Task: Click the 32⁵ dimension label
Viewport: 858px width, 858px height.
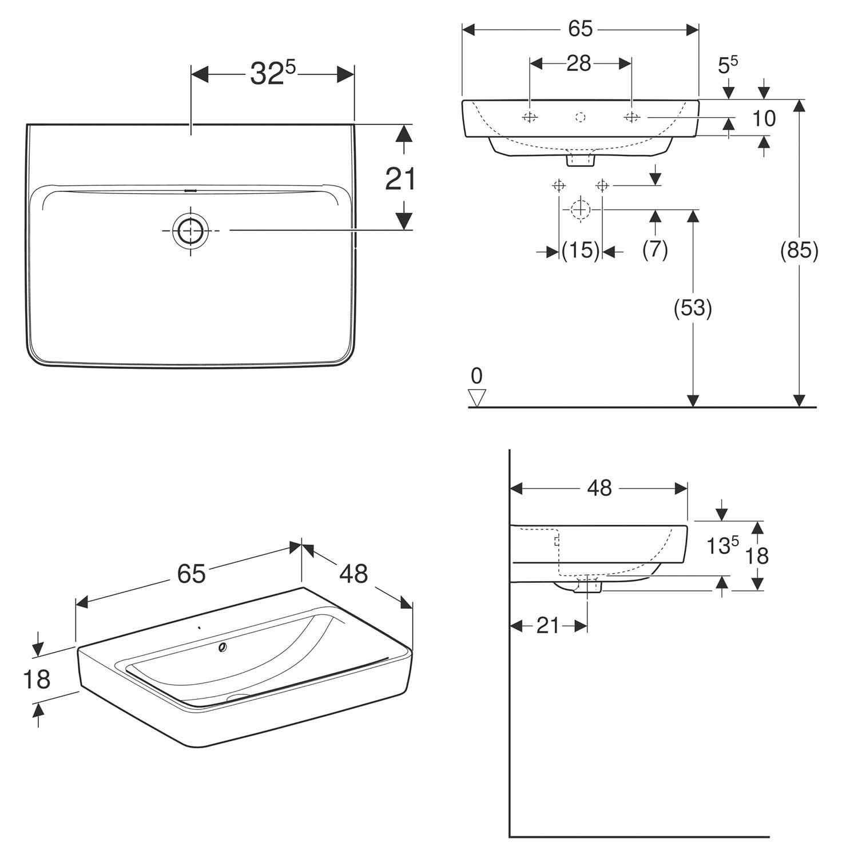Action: (273, 73)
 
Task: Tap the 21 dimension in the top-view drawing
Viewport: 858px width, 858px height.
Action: (400, 179)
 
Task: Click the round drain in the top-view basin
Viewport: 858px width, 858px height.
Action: (190, 231)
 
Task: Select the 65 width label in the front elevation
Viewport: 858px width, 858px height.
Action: (580, 29)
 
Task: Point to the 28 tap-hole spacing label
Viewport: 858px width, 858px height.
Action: (578, 63)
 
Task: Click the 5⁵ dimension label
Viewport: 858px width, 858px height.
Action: (728, 65)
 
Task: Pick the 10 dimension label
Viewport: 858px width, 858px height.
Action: (764, 118)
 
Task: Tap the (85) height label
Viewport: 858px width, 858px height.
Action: (799, 250)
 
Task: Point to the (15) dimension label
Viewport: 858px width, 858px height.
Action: (581, 250)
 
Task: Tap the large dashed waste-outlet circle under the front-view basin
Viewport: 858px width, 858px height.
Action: (581, 209)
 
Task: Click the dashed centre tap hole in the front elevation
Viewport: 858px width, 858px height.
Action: (581, 117)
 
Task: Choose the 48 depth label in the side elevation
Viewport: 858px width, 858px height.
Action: (599, 488)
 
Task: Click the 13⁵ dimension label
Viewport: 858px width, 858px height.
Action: (722, 545)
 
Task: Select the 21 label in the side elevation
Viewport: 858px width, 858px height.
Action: (547, 626)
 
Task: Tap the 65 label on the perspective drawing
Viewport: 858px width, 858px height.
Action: (191, 573)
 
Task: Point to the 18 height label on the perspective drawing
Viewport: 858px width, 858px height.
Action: (37, 679)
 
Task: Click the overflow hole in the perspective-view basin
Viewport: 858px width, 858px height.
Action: (223, 647)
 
